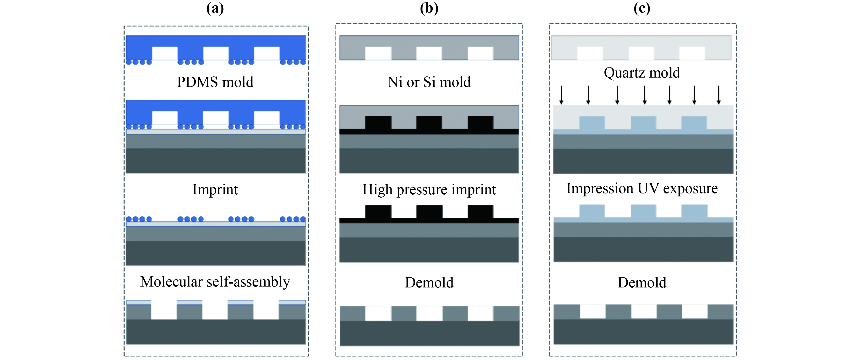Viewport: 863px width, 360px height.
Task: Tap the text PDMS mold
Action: [x=215, y=82]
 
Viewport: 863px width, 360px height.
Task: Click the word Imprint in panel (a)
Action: [x=215, y=190]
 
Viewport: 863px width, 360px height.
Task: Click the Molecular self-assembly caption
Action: [x=215, y=282]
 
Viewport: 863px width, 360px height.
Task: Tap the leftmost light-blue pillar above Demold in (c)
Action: [x=592, y=211]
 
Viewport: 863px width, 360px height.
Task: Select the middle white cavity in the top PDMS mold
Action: [x=216, y=53]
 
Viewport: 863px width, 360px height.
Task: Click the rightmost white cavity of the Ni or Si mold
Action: [x=480, y=53]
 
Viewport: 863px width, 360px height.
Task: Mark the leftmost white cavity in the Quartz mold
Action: [x=590, y=53]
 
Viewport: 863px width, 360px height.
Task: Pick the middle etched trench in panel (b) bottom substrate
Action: [x=429, y=314]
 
